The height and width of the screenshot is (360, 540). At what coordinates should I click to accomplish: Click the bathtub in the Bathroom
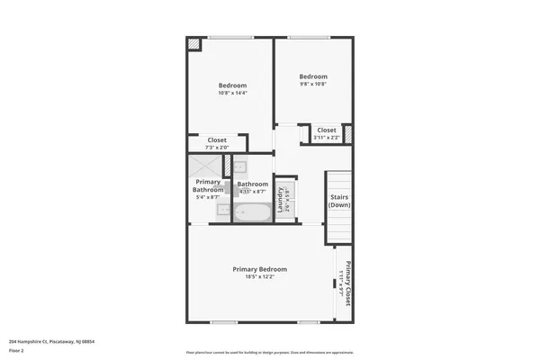tap(253, 212)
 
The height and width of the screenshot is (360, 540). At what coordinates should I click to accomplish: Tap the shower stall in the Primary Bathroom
tap(202, 167)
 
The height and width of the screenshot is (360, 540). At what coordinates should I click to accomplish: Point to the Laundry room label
tap(283, 197)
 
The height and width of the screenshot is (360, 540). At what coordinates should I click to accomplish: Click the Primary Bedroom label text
tap(260, 269)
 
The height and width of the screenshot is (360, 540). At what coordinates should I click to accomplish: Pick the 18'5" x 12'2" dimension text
tap(260, 277)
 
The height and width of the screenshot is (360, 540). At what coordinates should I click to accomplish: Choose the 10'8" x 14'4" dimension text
tap(232, 94)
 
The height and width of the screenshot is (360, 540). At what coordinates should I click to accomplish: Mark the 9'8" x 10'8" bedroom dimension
tap(313, 85)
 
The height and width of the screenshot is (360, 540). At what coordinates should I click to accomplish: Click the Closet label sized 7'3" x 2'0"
tap(217, 139)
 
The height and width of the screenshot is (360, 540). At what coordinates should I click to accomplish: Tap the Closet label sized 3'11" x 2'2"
tap(326, 130)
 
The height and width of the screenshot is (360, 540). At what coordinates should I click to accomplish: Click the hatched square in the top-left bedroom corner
tap(193, 43)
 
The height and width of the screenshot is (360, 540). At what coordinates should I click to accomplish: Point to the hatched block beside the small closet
tap(347, 134)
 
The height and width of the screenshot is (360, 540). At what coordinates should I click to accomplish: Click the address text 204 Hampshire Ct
tap(51, 341)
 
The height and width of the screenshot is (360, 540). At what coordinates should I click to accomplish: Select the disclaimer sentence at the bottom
tap(270, 352)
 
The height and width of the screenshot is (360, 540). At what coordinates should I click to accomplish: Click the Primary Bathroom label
tap(208, 186)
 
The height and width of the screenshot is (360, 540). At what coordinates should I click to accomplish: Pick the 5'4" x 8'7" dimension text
tap(207, 197)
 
